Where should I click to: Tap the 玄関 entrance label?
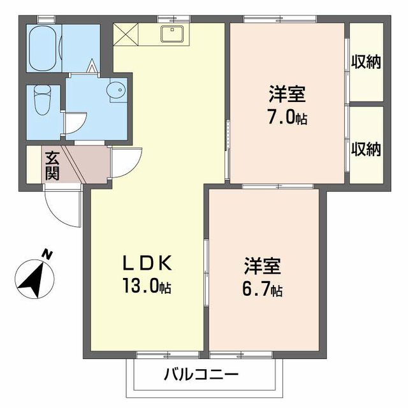tap(52, 164)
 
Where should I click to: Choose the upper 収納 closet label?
tap(365, 62)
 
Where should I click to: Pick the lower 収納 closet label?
tap(365, 149)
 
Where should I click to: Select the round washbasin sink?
tap(117, 91)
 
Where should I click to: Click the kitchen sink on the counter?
tap(172, 33)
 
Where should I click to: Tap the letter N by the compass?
tap(47, 254)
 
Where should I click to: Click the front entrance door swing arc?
tap(62, 207)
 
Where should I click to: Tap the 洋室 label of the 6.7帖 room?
tap(263, 266)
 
